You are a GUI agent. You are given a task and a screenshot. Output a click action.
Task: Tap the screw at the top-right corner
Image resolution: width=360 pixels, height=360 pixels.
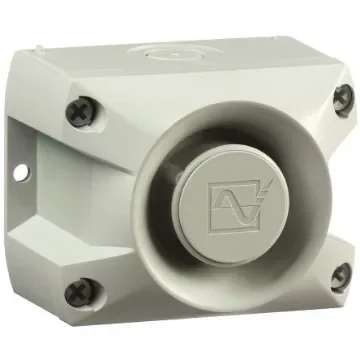point(342,100)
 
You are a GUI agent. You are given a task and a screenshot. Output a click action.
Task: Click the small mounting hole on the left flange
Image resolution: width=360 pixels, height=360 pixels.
point(19,171)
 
